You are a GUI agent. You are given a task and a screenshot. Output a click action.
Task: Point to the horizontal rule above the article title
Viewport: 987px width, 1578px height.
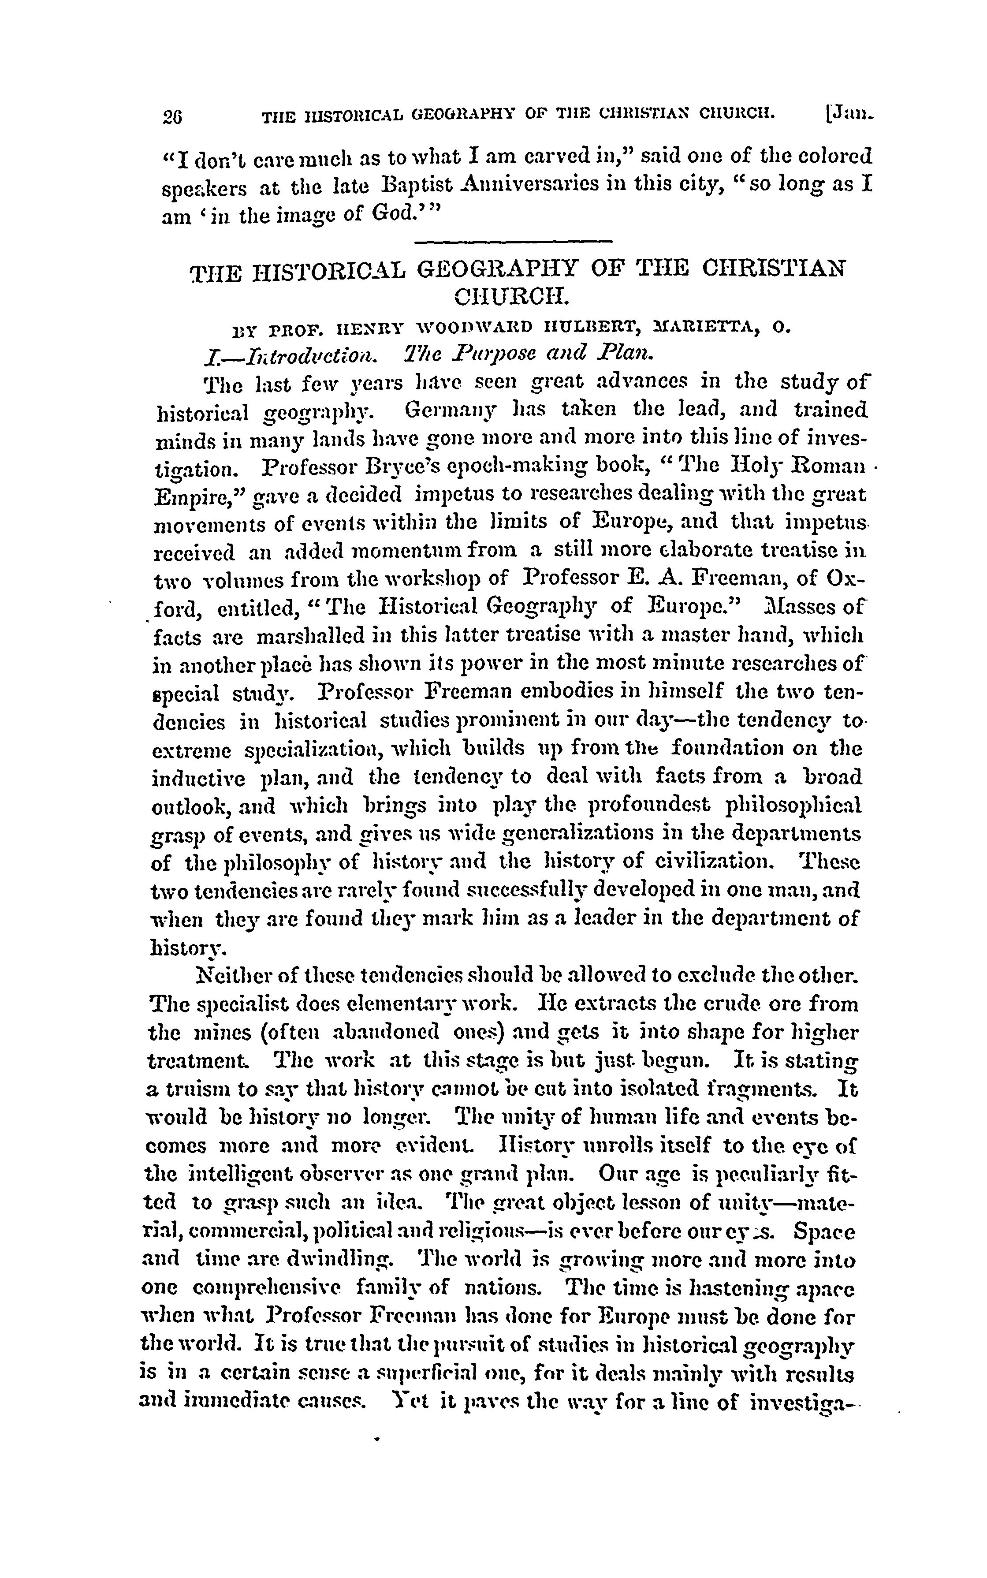point(513,243)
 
